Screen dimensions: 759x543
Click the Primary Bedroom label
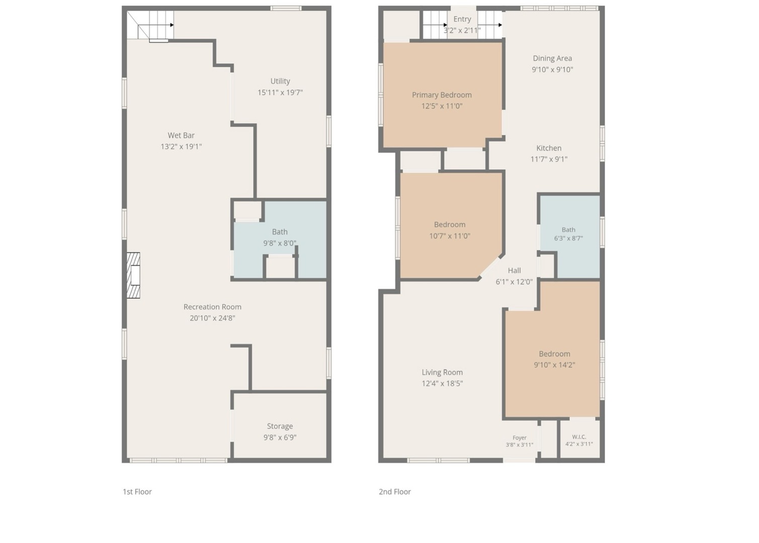[442, 95]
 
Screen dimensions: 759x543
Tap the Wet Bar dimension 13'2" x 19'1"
[181, 147]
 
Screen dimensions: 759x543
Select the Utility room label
[280, 81]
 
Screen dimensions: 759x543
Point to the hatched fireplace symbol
[133, 276]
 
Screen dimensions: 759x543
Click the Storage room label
[280, 426]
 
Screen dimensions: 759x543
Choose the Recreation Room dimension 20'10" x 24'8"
[212, 318]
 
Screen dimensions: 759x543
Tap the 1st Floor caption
[137, 492]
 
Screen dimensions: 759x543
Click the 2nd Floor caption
[394, 492]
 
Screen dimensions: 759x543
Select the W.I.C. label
[579, 437]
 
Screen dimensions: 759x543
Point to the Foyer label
[520, 437]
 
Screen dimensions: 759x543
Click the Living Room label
[442, 373]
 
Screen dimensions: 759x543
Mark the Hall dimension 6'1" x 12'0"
[514, 282]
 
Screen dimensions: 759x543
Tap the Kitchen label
[549, 148]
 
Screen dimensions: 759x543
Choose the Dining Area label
[552, 59]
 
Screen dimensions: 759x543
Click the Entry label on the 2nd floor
[462, 19]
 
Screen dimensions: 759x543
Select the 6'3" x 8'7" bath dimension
[568, 238]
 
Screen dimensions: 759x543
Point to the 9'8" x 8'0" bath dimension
[280, 243]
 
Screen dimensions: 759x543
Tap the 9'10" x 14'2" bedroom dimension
[554, 365]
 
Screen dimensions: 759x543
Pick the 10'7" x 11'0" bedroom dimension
[450, 236]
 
